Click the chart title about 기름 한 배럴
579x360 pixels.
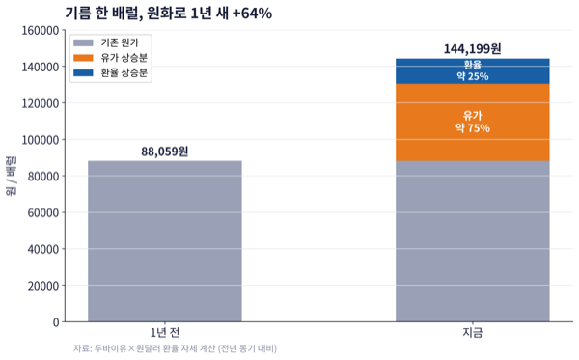(168, 13)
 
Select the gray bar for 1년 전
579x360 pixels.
(165, 241)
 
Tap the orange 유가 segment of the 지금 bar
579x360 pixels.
(472, 123)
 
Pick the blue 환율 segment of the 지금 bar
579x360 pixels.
(472, 70)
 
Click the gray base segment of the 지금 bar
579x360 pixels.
(472, 241)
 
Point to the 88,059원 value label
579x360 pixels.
(165, 152)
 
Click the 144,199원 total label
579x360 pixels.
(472, 48)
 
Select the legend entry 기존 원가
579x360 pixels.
(106, 42)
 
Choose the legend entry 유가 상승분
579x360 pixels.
(110, 58)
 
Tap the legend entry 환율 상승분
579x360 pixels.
(110, 72)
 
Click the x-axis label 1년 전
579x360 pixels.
(165, 333)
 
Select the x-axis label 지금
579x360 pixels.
(472, 333)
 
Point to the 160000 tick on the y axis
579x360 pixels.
(41, 30)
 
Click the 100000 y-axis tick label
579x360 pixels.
(41, 140)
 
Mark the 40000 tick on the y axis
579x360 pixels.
(43, 249)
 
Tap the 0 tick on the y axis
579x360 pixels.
(56, 322)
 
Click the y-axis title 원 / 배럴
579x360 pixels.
(11, 176)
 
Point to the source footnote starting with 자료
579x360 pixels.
(175, 348)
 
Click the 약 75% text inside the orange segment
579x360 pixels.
(472, 128)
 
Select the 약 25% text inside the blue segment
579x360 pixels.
(472, 76)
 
